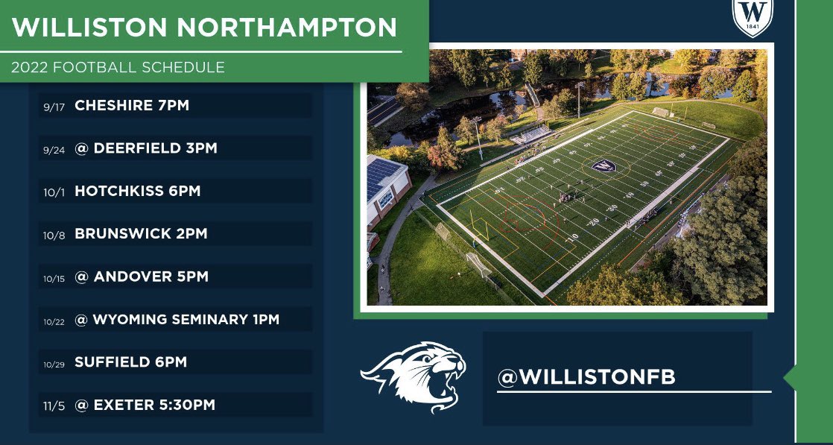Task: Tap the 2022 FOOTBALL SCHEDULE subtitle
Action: (x=118, y=68)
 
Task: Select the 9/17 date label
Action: (x=54, y=107)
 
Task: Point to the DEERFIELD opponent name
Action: (x=136, y=148)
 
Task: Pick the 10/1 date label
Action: (x=54, y=192)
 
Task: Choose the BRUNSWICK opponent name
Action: (x=119, y=234)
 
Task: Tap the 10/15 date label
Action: (x=54, y=278)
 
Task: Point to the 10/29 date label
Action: (x=54, y=364)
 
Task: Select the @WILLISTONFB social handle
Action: (x=586, y=377)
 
